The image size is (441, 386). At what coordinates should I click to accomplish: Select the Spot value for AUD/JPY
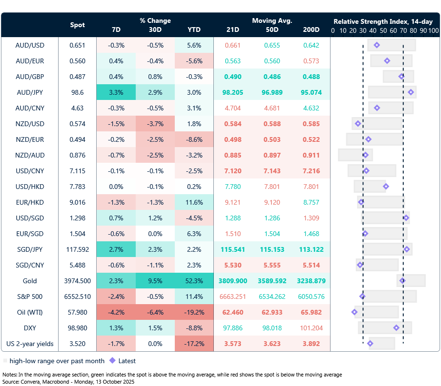click(x=78, y=92)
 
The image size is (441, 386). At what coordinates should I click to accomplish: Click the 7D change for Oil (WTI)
click(x=116, y=312)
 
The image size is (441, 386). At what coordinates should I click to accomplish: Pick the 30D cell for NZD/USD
click(x=155, y=124)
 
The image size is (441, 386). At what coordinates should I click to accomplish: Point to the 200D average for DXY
click(x=311, y=328)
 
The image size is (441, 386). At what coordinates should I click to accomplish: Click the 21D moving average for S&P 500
click(x=233, y=297)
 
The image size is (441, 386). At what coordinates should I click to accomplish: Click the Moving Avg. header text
click(x=272, y=20)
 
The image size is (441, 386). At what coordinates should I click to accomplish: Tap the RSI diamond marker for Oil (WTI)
click(x=354, y=312)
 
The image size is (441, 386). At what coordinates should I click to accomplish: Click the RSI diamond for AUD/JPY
click(x=411, y=92)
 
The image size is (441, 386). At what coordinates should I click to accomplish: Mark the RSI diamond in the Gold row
click(x=402, y=281)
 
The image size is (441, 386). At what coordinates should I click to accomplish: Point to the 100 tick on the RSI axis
click(x=433, y=30)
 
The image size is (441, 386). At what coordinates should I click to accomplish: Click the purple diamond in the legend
click(x=112, y=361)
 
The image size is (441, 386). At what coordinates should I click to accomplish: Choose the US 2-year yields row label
click(x=30, y=344)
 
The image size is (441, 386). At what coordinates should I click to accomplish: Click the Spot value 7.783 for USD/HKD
click(x=78, y=187)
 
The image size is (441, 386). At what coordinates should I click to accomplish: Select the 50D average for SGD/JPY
click(x=272, y=249)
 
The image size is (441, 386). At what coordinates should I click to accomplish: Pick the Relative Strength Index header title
click(x=383, y=21)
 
